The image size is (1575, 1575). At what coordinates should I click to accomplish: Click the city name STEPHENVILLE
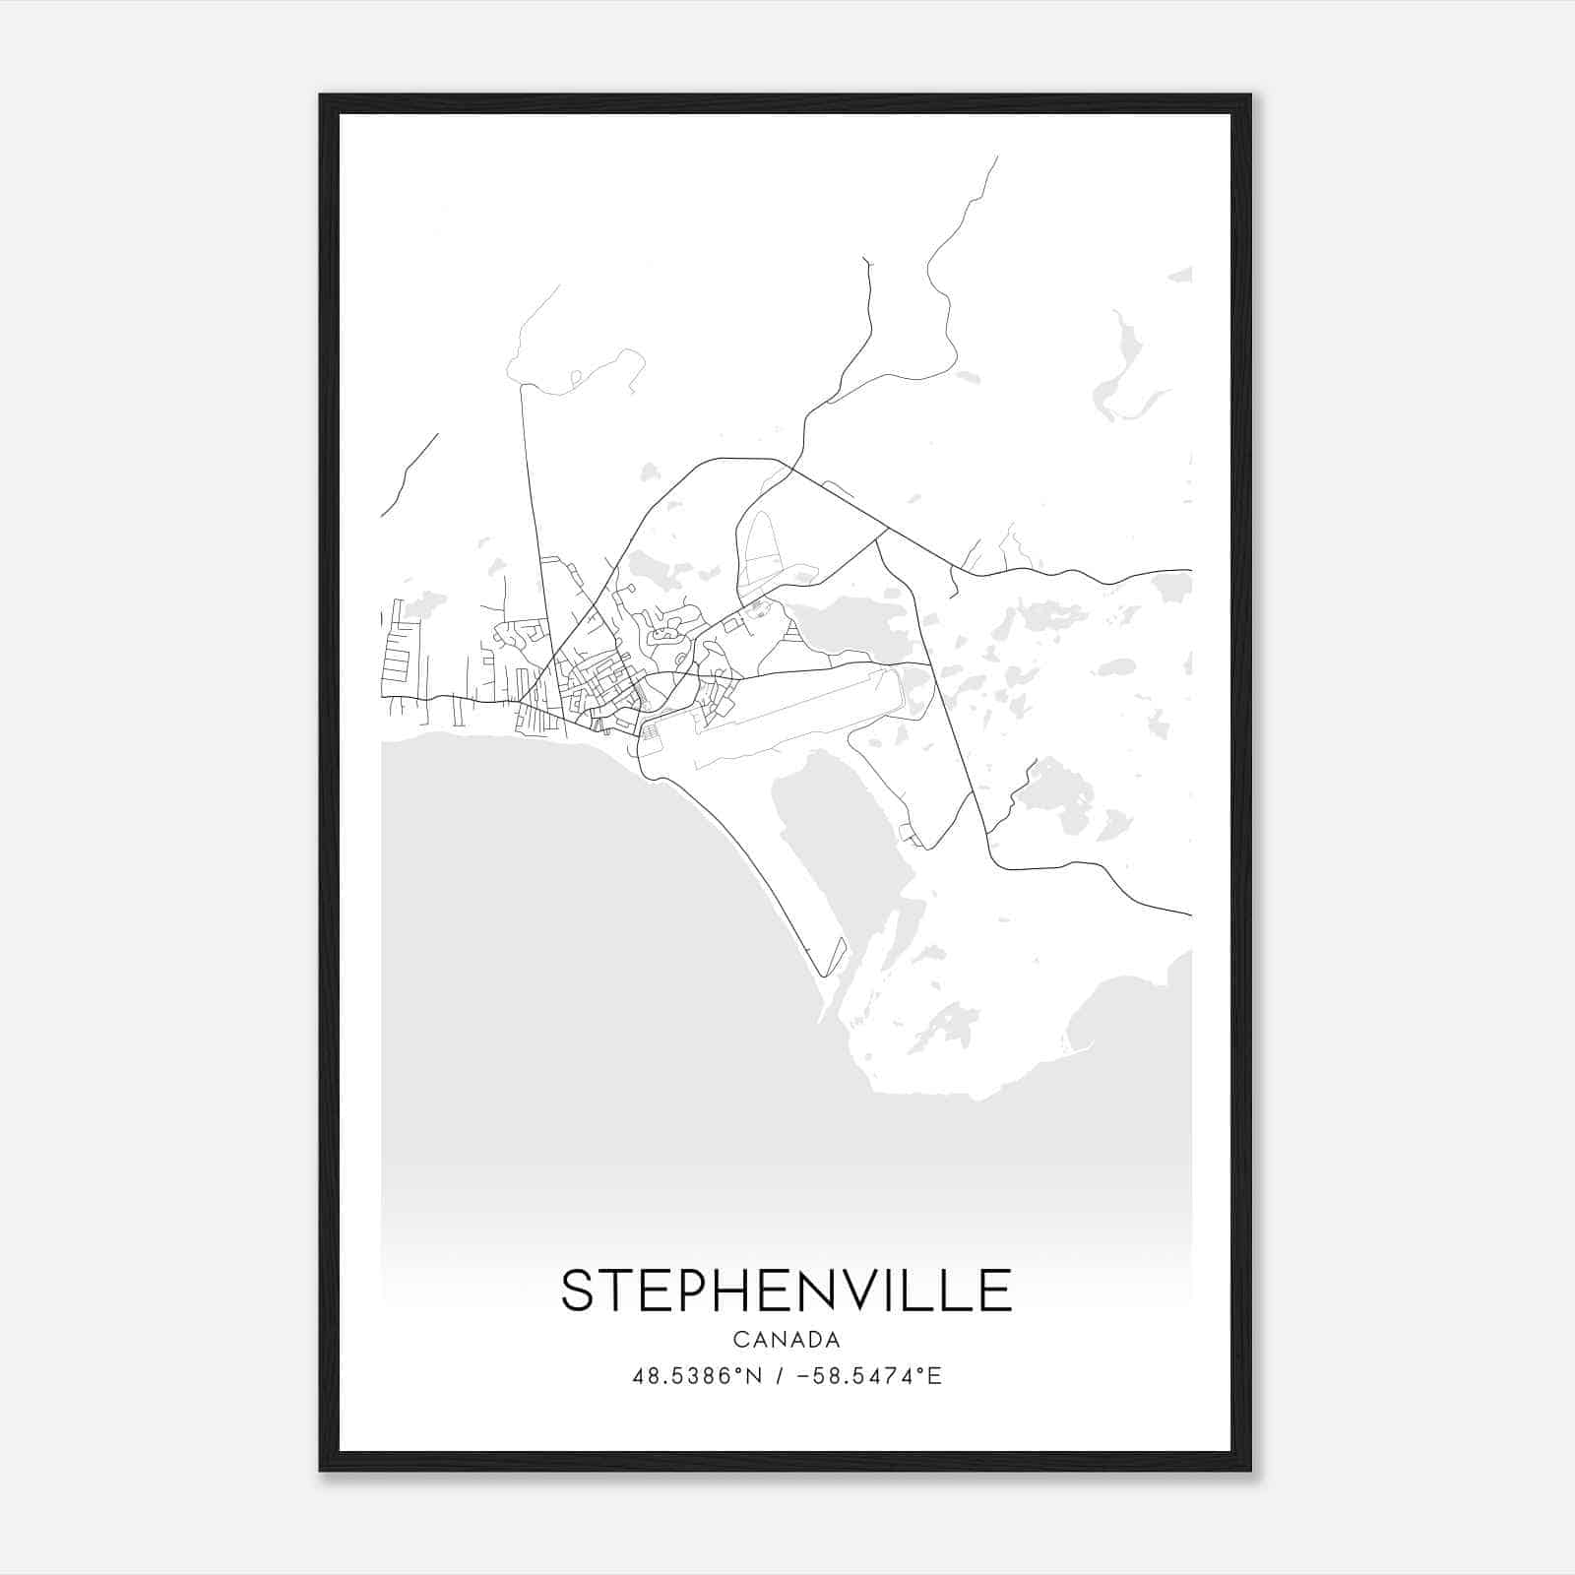786,1291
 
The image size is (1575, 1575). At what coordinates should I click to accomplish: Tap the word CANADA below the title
786,1340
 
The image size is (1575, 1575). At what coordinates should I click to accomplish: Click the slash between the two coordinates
779,1375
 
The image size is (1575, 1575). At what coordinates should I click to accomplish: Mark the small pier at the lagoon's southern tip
836,954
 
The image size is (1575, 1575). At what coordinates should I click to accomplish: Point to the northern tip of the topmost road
996,157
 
